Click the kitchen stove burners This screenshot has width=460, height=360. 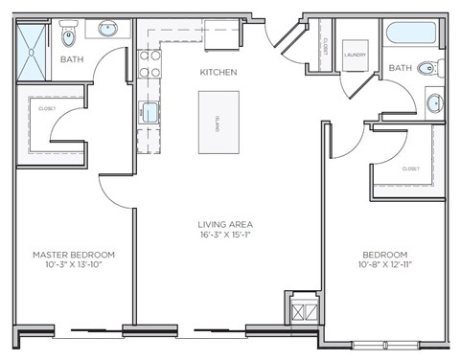click(150, 63)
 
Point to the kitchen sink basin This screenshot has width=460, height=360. click(150, 113)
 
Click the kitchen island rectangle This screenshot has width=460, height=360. click(218, 122)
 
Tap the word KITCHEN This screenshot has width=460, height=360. click(218, 73)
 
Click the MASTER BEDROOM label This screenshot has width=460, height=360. click(74, 254)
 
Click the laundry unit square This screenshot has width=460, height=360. click(356, 56)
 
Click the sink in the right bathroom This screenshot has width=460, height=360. click(435, 101)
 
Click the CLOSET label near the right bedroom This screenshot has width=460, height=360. click(411, 169)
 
